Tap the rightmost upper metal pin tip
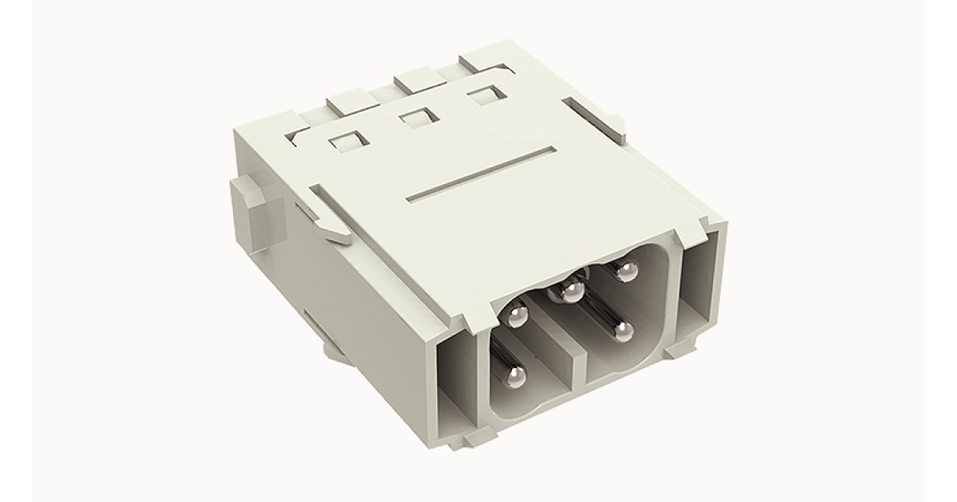[627, 273]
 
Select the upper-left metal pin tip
[518, 318]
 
